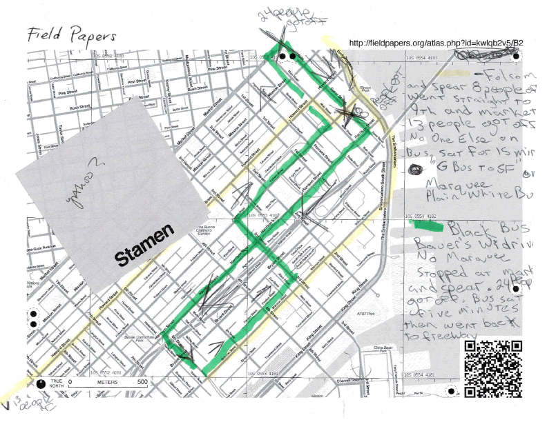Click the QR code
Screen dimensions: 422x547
tap(492, 370)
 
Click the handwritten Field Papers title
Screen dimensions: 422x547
tap(72, 34)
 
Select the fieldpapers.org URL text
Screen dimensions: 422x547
tap(436, 43)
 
